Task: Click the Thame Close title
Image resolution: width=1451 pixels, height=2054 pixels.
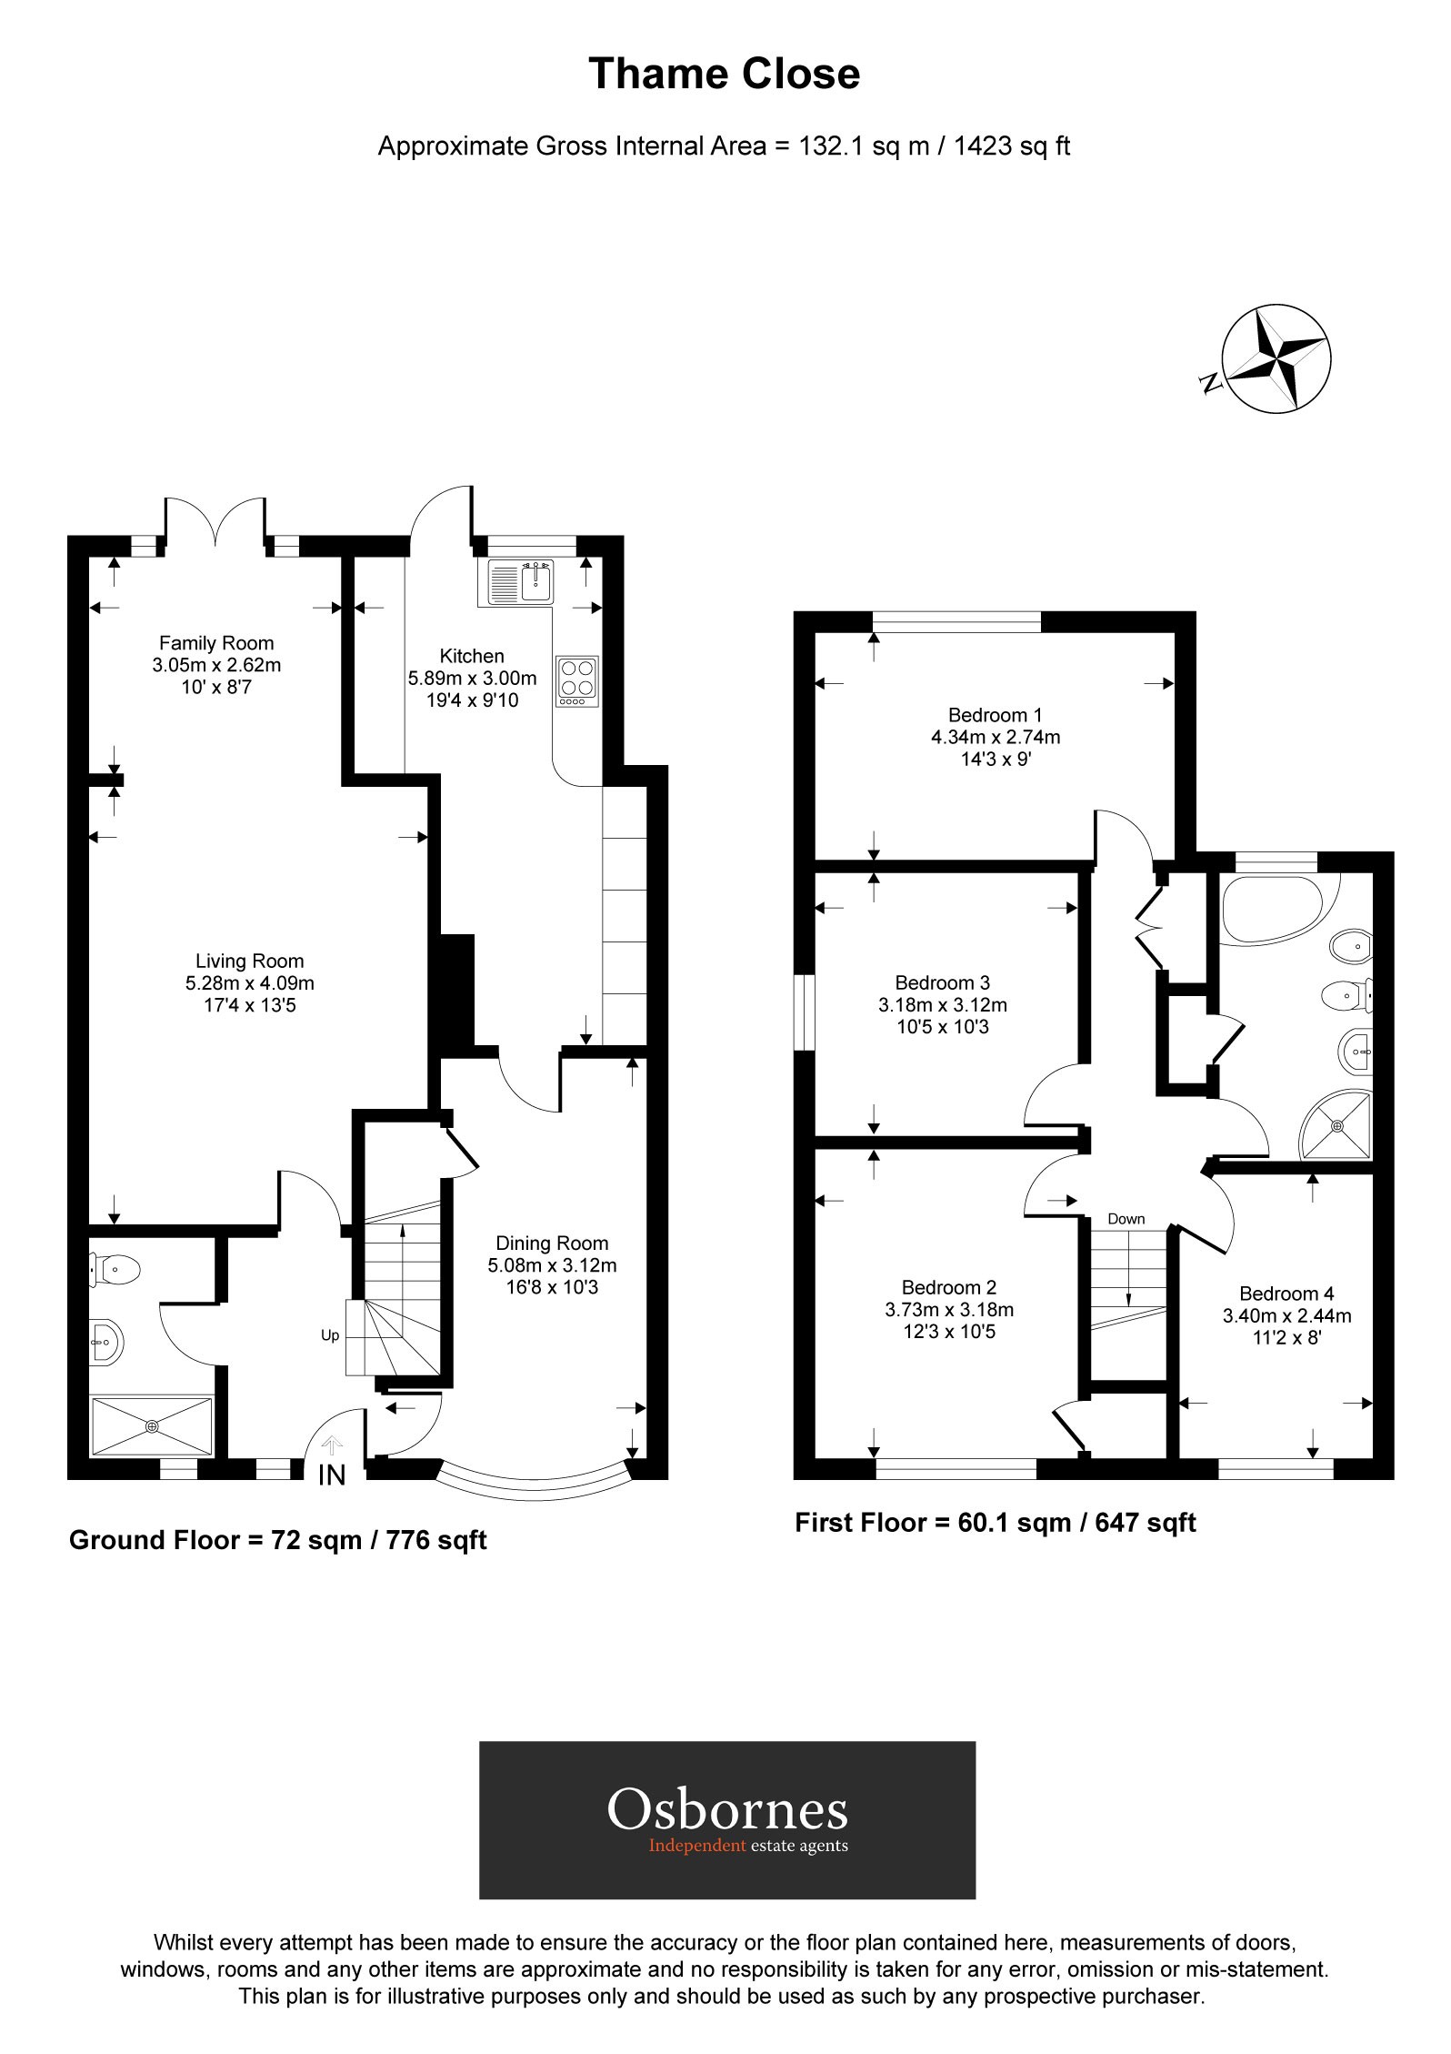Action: (x=724, y=75)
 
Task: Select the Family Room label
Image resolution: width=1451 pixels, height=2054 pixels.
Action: (x=216, y=643)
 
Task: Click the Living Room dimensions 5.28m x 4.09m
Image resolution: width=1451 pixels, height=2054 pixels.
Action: (x=250, y=983)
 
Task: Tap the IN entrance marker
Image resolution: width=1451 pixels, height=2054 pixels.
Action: (x=332, y=1475)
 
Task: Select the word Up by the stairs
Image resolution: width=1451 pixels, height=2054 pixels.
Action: (x=330, y=1335)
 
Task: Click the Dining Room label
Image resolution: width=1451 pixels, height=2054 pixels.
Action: (x=552, y=1243)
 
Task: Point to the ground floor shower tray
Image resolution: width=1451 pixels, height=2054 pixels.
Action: (x=152, y=1426)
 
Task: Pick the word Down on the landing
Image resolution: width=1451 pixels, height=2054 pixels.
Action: (x=1126, y=1219)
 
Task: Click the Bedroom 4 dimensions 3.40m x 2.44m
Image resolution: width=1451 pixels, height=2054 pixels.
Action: (x=1286, y=1315)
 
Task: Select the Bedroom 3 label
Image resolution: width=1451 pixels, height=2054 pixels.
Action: (x=942, y=982)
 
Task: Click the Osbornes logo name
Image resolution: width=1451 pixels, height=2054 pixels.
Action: (x=726, y=1810)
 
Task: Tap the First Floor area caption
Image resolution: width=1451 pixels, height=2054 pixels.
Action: (x=995, y=1523)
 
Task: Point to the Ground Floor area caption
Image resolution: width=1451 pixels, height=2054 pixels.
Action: (x=277, y=1540)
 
